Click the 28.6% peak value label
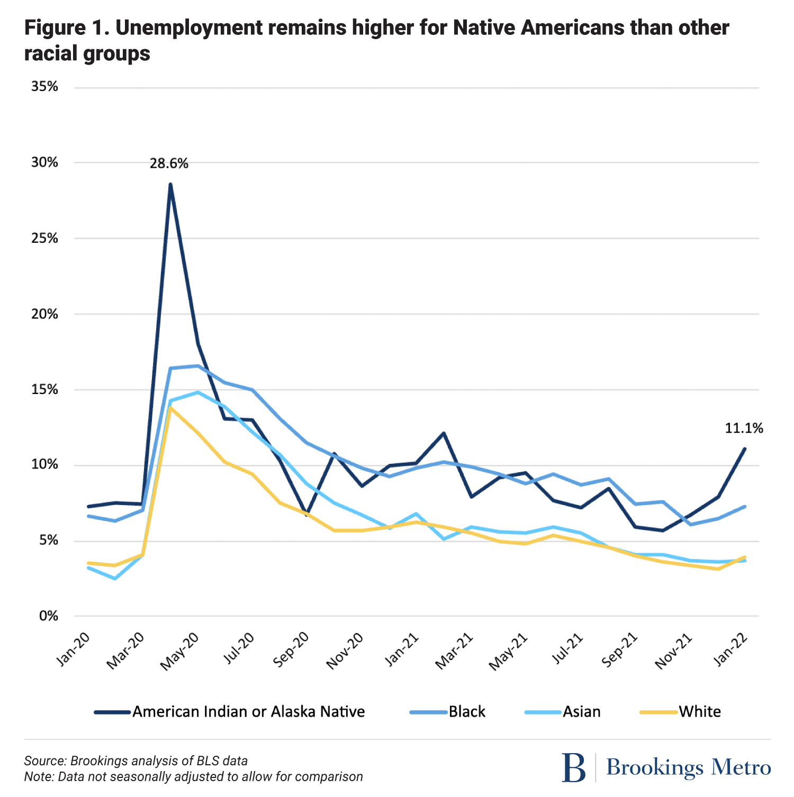(x=169, y=163)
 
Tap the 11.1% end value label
(x=744, y=428)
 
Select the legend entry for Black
(x=466, y=712)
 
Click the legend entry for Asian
(x=581, y=712)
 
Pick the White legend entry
(x=699, y=712)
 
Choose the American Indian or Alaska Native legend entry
(x=248, y=712)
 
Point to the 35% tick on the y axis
(x=44, y=87)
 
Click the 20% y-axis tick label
(x=44, y=314)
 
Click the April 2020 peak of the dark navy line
(x=170, y=184)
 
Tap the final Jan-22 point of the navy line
(x=745, y=448)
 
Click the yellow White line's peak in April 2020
(x=170, y=408)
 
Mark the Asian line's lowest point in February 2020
(x=115, y=579)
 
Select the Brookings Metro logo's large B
(x=574, y=767)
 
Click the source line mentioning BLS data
(x=136, y=761)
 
